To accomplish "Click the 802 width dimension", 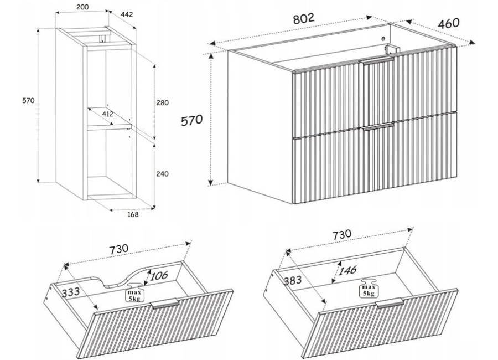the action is [303, 18].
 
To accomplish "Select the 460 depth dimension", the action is [448, 23].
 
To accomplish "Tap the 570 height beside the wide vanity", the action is [191, 121].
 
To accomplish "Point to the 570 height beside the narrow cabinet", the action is [28, 100].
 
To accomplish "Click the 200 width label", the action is [82, 7].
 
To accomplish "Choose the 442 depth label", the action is [126, 14].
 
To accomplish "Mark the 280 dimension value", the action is [162, 102].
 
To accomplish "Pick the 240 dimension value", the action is [162, 174].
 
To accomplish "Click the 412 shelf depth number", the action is [107, 114].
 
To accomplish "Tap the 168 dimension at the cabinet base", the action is [133, 214].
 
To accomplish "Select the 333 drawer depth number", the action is [70, 292].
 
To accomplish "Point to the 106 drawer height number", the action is [159, 276].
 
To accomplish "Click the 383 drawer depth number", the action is [293, 280].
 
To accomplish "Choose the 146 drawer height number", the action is [347, 271].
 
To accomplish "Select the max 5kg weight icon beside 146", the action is [369, 289].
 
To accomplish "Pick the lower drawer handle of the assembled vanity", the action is [377, 126].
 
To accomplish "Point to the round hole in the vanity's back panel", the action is [383, 39].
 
